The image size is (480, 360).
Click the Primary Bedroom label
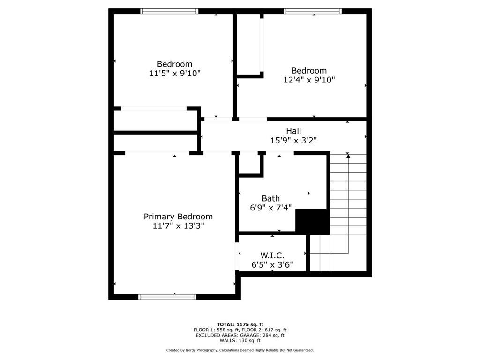point(178,217)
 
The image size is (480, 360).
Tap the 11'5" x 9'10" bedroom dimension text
point(175,73)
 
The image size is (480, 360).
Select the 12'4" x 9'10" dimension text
point(309,80)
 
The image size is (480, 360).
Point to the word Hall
point(293,131)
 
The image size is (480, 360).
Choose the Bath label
point(270,199)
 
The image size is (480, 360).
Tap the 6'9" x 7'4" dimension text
point(270,208)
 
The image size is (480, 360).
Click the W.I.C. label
point(272,255)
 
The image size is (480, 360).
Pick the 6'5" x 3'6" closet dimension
point(272,264)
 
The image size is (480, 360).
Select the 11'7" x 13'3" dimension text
point(178,225)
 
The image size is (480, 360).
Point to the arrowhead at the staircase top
point(348,156)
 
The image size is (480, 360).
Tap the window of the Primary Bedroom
point(167,296)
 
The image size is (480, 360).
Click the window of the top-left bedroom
point(169,11)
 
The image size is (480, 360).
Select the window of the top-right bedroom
point(313,11)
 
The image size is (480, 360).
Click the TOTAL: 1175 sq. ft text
point(240,324)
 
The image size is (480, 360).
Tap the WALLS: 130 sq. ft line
point(240,340)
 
